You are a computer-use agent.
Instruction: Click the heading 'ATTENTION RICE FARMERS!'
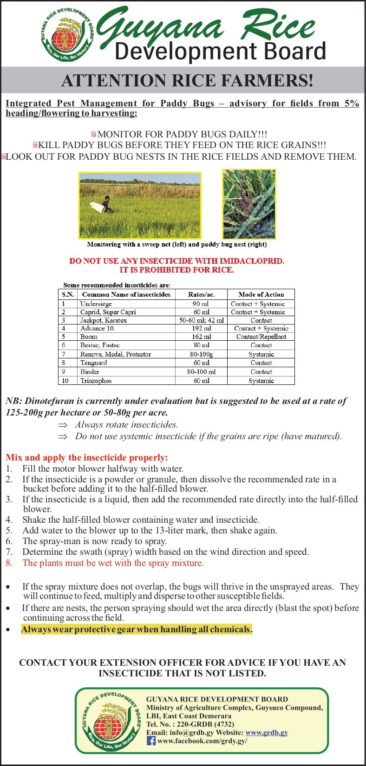[187, 81]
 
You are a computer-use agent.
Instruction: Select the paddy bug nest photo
[248, 204]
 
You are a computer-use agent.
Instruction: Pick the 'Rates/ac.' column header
[201, 294]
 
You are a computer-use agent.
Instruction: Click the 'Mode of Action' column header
[261, 294]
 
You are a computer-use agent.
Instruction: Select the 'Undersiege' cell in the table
[96, 304]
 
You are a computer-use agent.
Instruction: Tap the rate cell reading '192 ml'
[201, 328]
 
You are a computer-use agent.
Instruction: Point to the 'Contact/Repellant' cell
[261, 337]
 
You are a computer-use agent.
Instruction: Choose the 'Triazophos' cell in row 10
[96, 381]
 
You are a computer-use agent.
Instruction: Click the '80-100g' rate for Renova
[201, 354]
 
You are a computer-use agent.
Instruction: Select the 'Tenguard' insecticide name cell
[94, 363]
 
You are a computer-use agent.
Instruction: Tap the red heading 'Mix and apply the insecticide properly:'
[87, 457]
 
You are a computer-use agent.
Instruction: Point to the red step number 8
[9, 563]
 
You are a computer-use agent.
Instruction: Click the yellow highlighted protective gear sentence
[137, 630]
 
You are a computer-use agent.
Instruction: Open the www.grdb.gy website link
[267, 733]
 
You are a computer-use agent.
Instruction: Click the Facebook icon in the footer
[151, 740]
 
